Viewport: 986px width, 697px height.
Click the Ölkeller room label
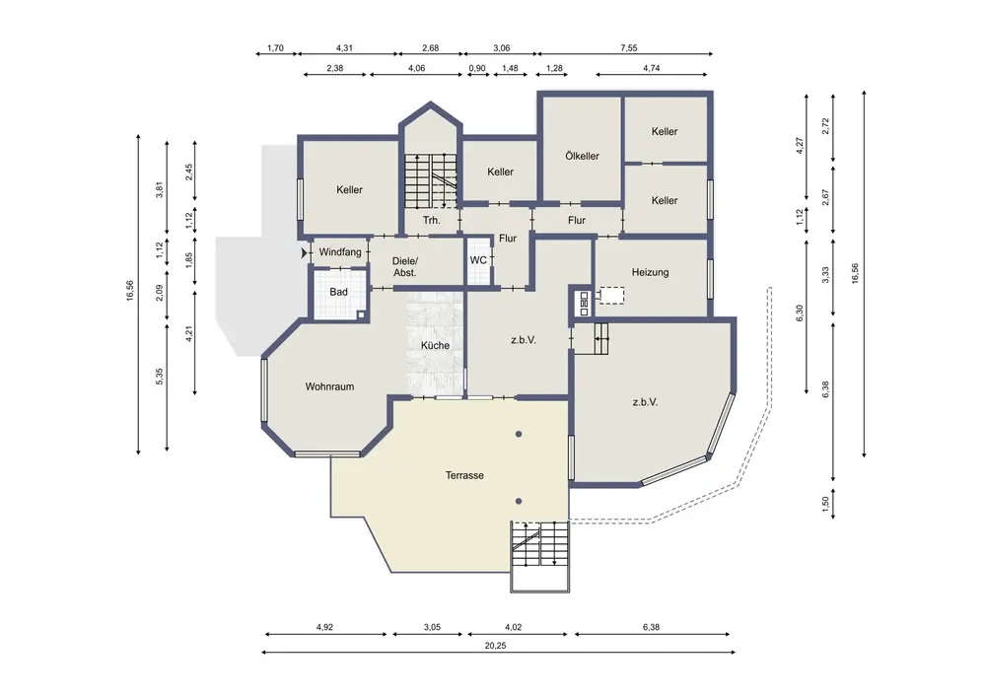pos(582,156)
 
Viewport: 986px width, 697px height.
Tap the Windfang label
pos(340,252)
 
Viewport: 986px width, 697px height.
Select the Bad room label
pos(338,292)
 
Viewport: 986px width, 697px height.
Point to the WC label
pos(478,260)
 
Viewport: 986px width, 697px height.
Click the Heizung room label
pos(650,272)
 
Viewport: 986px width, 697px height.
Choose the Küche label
pos(435,345)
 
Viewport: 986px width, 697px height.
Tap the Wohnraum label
pos(329,386)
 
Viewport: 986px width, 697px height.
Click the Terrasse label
pos(464,476)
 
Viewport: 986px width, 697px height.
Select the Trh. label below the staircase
pos(432,220)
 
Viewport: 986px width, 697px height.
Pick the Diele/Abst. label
pos(405,267)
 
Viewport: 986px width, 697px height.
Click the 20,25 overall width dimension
pos(496,646)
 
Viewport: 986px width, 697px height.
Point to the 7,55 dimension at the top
pos(629,47)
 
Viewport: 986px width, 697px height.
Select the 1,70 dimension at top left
pos(275,47)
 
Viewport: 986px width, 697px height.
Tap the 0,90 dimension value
pos(477,68)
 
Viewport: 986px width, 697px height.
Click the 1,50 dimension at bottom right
pos(825,504)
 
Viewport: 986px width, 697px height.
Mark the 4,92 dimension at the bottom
pos(324,627)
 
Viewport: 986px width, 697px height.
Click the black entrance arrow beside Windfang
pos(305,253)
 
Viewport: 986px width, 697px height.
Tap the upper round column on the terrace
pos(519,434)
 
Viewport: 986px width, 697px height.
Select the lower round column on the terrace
pos(519,501)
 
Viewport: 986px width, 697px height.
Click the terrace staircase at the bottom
pos(540,556)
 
